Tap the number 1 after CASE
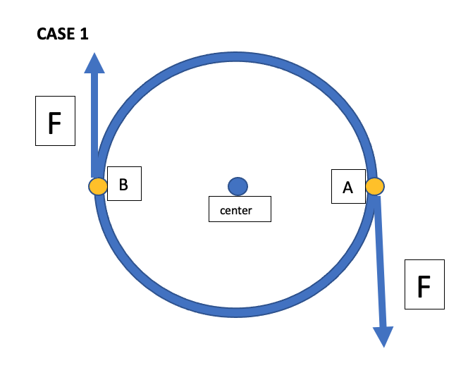coord(85,34)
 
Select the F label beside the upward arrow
coord(55,122)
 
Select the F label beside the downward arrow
coord(424,284)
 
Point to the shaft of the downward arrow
coord(379,261)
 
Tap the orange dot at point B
coord(97,186)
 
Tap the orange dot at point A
coord(374,186)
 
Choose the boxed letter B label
coord(123,185)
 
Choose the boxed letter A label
coord(347,187)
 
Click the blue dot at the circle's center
coord(238,186)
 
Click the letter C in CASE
coord(42,34)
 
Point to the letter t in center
coord(241,210)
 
